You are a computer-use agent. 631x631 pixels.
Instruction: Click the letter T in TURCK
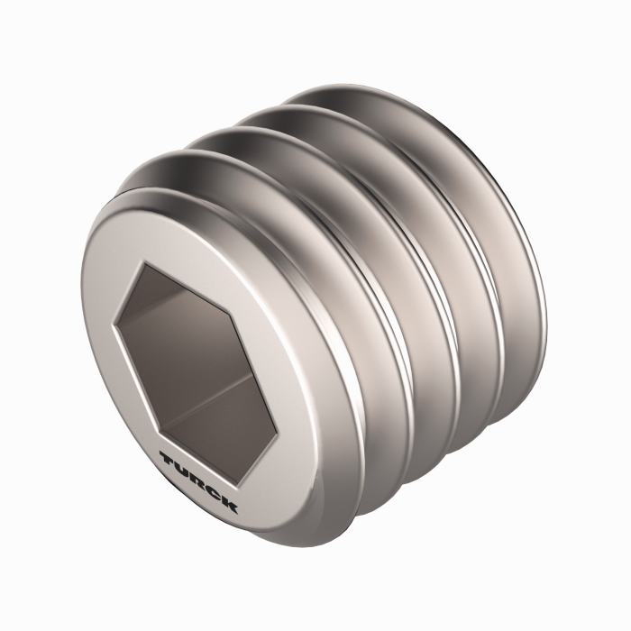pyautogui.click(x=168, y=459)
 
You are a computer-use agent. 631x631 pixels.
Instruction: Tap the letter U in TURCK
pyautogui.click(x=183, y=469)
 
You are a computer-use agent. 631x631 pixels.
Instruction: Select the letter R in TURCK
pyautogui.click(x=198, y=480)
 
